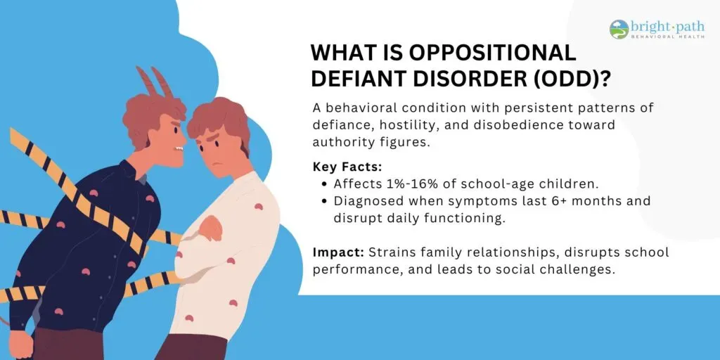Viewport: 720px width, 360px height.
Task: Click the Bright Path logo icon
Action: coord(619,30)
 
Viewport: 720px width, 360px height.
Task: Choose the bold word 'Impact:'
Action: coord(339,252)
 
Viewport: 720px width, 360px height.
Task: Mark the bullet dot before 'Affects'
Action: coord(325,184)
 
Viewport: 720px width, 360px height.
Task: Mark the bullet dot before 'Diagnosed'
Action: coord(325,201)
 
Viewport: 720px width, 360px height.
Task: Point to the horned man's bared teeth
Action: coord(179,148)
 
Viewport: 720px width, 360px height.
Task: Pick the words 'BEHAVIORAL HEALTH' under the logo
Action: coord(668,37)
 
